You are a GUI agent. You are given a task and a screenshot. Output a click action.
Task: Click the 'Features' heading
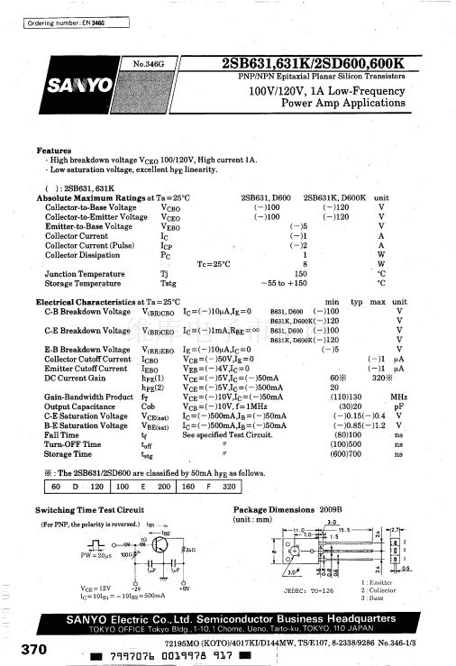53,151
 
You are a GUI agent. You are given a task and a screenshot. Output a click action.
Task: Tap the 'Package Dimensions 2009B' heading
282,510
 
